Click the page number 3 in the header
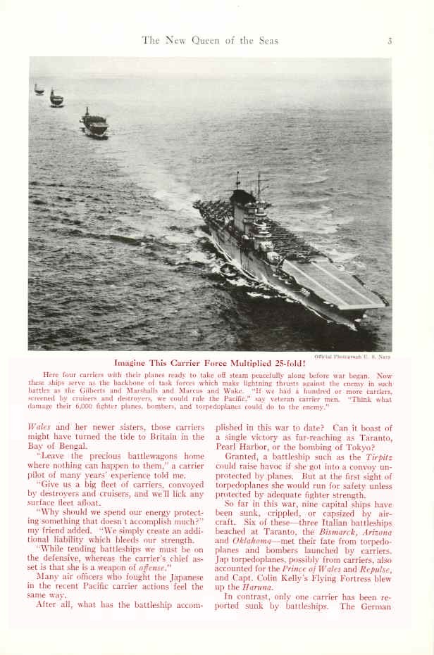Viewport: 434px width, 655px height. [x=389, y=41]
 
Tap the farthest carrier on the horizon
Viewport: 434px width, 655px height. [x=39, y=89]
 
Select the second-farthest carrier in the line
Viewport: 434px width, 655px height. [x=56, y=98]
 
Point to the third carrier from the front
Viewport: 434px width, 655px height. [x=94, y=124]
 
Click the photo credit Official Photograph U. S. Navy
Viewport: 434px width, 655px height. [x=352, y=356]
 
